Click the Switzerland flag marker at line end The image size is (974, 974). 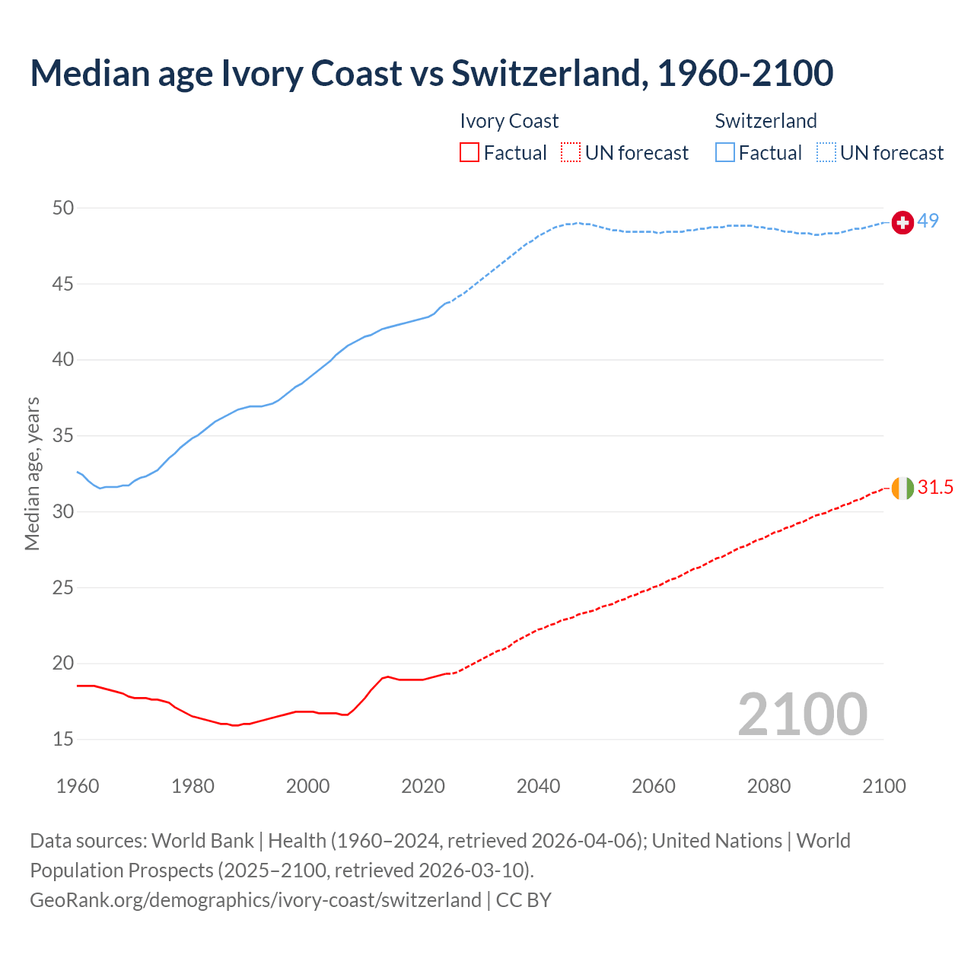point(902,222)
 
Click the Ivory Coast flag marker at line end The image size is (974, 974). point(902,488)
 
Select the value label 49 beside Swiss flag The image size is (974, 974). point(928,221)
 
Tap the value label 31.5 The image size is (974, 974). point(935,487)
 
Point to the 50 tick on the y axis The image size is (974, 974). point(63,208)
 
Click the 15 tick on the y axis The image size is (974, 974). point(63,739)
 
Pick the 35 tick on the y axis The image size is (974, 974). point(63,436)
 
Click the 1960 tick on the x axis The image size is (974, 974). point(78,786)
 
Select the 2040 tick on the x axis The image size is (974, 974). point(538,786)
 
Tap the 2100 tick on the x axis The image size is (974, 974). point(884,786)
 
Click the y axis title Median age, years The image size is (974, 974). point(32,473)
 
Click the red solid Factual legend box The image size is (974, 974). point(469,152)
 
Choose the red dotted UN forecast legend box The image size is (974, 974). point(571,152)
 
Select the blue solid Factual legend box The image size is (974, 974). point(725,152)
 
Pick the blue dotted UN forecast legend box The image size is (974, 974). point(826,152)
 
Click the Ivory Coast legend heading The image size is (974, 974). point(509,121)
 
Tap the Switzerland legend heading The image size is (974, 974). point(766,121)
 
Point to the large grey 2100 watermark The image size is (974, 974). point(802,714)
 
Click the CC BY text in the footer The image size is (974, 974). point(524,900)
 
